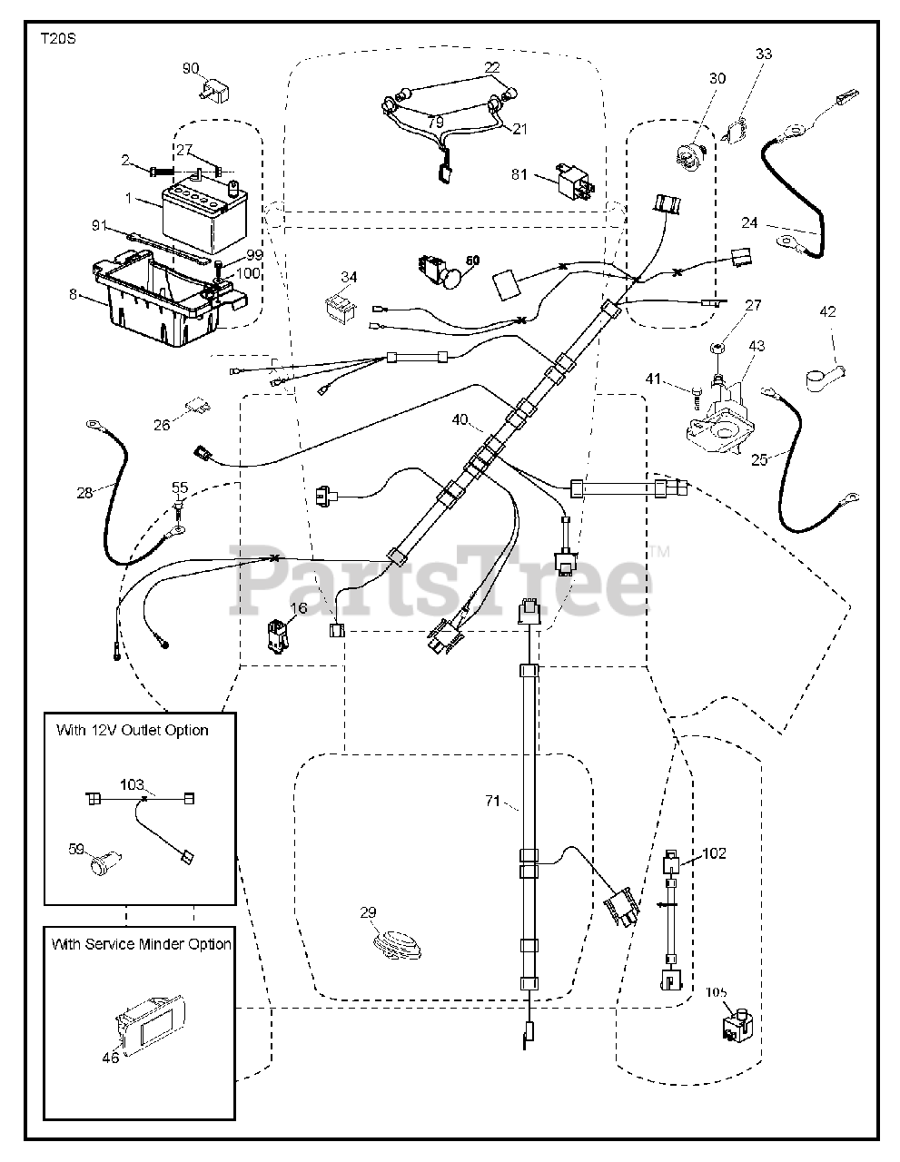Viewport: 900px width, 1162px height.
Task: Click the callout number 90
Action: (x=191, y=69)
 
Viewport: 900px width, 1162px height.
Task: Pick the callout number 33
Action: (x=764, y=54)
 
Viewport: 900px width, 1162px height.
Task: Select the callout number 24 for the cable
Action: (x=749, y=222)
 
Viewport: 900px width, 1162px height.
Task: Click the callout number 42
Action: (x=826, y=312)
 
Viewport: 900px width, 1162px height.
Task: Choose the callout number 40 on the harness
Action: (x=460, y=419)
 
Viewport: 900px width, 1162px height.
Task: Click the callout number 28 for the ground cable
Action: (x=84, y=493)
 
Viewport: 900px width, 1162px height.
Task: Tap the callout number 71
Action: (x=491, y=801)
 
